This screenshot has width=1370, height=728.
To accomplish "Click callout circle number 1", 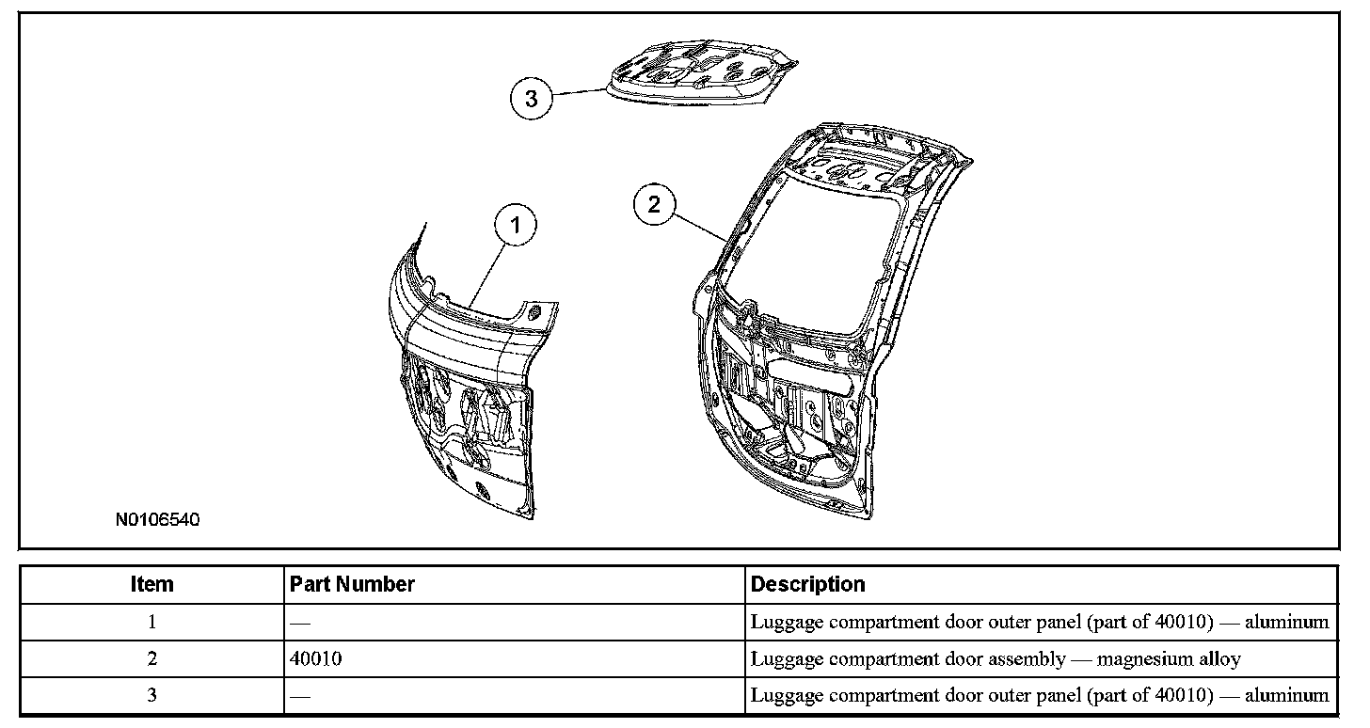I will click(x=516, y=225).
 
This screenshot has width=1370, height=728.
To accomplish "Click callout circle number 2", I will click(x=655, y=205).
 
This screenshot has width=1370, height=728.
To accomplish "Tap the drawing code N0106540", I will click(x=158, y=519).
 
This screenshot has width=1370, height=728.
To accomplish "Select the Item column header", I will click(x=151, y=584).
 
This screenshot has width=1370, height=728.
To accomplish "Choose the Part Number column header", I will click(x=352, y=584).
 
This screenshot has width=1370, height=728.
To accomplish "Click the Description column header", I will click(x=807, y=584).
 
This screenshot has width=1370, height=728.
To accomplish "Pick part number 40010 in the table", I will click(x=316, y=659).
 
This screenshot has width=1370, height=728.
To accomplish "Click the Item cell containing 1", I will click(x=151, y=622).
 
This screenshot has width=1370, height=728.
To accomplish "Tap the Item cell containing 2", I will click(x=151, y=659).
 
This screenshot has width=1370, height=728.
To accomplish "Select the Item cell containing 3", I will click(x=151, y=696).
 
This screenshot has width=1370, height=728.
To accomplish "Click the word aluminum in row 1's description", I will click(x=1286, y=622).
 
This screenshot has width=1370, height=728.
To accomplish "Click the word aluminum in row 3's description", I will click(x=1286, y=696).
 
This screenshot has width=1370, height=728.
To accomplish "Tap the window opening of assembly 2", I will click(x=814, y=259).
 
